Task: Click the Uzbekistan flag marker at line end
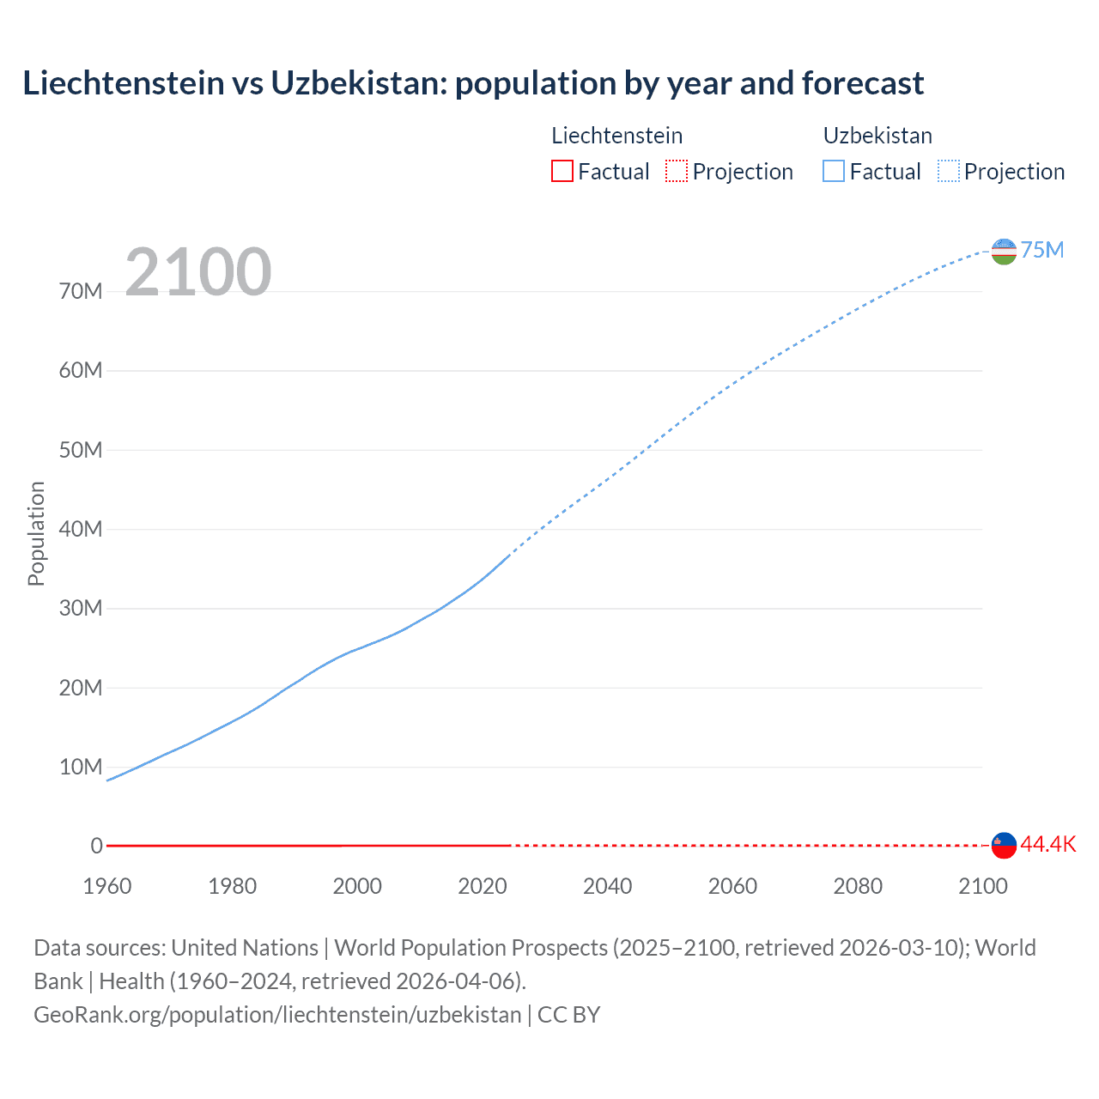(1004, 252)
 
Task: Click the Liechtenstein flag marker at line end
(1004, 846)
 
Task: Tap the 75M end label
(1042, 250)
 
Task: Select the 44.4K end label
(1047, 845)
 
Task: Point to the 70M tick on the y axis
(81, 292)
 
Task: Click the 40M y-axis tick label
(81, 530)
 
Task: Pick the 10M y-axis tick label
(81, 767)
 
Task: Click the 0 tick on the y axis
(96, 847)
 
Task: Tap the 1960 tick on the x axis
(107, 886)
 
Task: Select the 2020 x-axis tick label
(483, 886)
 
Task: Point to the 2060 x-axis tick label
(732, 886)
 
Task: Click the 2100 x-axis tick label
(982, 886)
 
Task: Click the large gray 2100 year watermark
(198, 272)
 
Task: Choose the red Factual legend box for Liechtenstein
(562, 172)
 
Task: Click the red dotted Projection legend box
(677, 172)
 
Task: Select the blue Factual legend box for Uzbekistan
(833, 172)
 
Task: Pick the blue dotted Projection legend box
(949, 172)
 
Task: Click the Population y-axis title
(36, 533)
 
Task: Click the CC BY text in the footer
(568, 1015)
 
